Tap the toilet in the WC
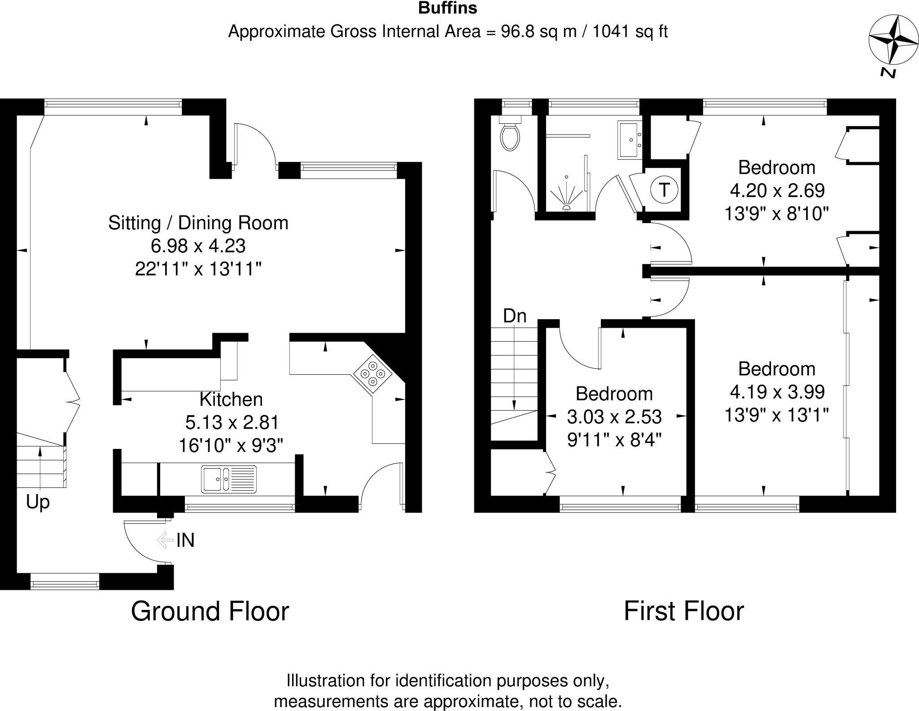(511, 135)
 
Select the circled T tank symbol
(664, 190)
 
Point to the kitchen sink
(229, 479)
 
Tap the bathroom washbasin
(630, 139)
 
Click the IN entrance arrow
(165, 540)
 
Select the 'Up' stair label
(38, 502)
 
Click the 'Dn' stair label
(514, 316)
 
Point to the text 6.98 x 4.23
(198, 246)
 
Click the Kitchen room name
(231, 399)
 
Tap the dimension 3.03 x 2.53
(614, 417)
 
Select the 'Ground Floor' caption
(210, 611)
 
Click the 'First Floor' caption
(683, 611)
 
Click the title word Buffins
(447, 8)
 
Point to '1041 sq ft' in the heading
(630, 32)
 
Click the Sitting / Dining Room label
(198, 223)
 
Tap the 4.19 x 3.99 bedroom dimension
(777, 392)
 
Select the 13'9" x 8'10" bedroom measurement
(776, 214)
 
